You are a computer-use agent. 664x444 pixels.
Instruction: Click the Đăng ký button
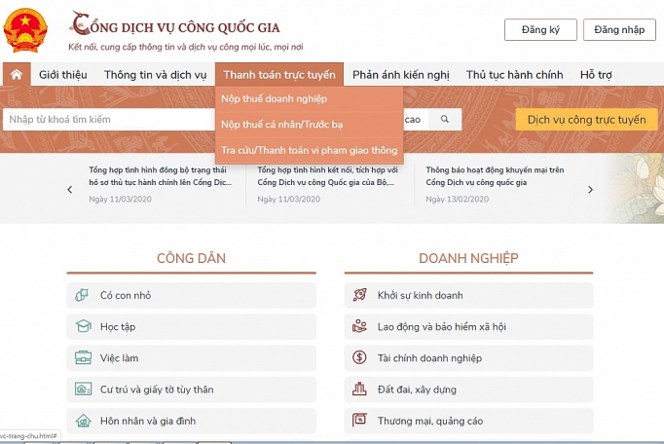(540, 29)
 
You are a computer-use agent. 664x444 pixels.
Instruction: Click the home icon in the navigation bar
(16, 75)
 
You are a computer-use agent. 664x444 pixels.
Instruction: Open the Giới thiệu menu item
(62, 75)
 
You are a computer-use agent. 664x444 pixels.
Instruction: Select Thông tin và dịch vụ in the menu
(155, 75)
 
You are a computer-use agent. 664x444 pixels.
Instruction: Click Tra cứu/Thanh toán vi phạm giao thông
(309, 150)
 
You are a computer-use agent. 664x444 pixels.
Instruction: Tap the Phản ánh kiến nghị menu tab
(400, 75)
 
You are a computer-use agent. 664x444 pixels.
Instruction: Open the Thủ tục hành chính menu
(514, 75)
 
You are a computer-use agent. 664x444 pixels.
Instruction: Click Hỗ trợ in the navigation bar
(597, 75)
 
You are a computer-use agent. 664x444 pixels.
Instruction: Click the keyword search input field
(107, 120)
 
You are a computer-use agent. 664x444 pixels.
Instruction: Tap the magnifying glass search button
(445, 119)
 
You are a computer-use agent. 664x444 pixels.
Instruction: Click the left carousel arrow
(70, 190)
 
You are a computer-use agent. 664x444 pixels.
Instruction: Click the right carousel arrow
(590, 190)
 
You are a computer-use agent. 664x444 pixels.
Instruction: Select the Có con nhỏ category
(125, 295)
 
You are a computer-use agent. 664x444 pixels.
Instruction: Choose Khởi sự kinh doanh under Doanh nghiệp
(420, 295)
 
